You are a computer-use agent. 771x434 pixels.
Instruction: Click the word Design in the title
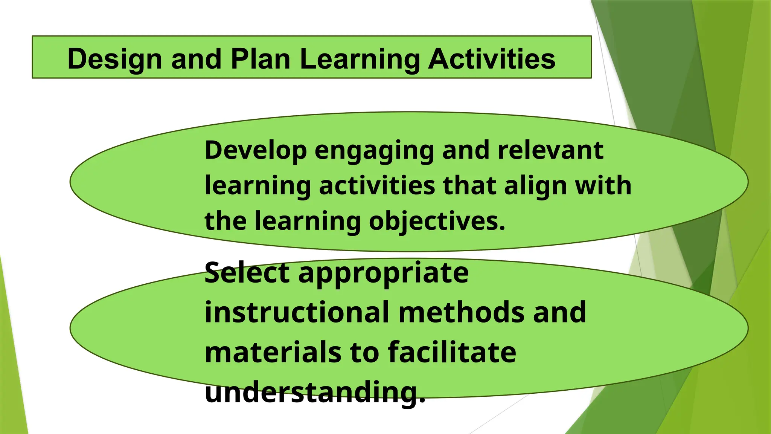(114, 59)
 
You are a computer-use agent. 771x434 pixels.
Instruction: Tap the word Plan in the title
(260, 59)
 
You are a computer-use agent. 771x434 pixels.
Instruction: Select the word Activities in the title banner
(492, 59)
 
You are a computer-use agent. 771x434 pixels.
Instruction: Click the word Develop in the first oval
(256, 150)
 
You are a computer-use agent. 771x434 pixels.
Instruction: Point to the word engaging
(374, 150)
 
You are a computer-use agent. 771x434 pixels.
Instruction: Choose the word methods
(461, 312)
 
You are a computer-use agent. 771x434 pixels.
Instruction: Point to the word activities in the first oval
(377, 186)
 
